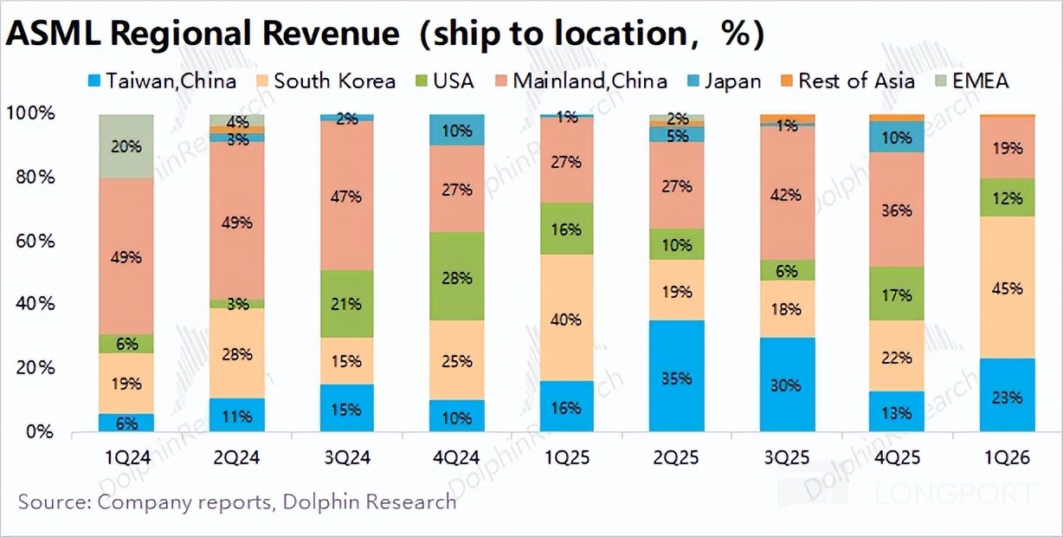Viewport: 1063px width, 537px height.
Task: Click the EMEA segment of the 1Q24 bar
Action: click(126, 146)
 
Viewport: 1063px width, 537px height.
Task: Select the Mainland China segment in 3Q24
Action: click(347, 195)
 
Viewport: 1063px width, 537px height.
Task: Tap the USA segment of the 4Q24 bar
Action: click(457, 277)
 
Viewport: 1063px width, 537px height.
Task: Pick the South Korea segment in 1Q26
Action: click(1008, 288)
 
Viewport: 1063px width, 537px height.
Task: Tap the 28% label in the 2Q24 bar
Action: click(236, 353)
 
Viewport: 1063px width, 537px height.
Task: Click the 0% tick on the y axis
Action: click(38, 431)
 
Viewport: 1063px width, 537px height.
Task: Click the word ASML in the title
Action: click(54, 34)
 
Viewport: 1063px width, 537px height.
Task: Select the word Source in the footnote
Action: click(54, 501)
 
